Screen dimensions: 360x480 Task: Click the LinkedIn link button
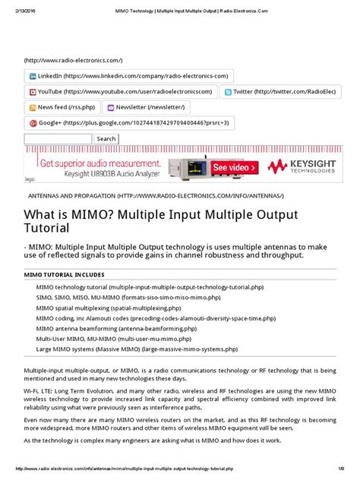pos(129,76)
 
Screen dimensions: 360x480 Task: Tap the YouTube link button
pos(121,92)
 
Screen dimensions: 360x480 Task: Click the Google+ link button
pos(129,123)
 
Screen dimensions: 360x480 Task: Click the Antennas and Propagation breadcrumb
pos(160,195)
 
